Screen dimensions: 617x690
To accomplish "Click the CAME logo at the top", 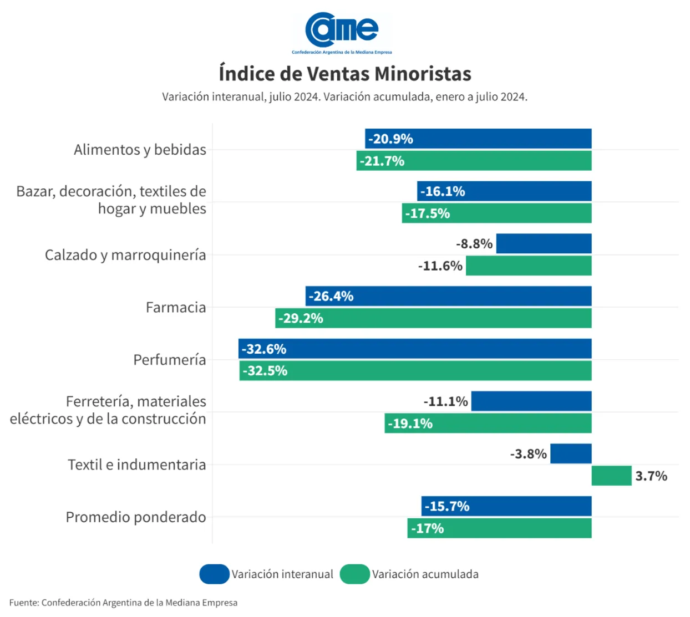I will coord(342,32).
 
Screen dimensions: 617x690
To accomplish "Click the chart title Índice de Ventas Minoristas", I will coord(345,74).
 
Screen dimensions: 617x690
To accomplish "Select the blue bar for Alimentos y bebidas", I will coord(478,139).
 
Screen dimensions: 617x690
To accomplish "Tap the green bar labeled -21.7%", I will coord(474,161).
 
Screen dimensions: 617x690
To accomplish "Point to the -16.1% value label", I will coord(443,191).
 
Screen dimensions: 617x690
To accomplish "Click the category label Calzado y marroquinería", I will coord(125,255).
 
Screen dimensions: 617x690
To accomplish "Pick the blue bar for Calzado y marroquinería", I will coord(544,243).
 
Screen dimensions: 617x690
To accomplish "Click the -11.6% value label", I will coord(440,266).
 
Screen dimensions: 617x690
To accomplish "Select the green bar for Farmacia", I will coord(433,318).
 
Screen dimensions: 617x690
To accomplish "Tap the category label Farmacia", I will coord(175,307).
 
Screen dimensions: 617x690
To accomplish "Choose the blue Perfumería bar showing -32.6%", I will coord(415,349).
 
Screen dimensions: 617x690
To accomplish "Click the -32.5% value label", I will coord(265,371).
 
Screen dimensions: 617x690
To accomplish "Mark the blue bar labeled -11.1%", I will coord(531,401).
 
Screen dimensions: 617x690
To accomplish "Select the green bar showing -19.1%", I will coord(488,423).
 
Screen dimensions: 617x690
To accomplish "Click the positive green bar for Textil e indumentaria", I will coord(611,476).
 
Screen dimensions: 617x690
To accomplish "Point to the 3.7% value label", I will coord(651,476).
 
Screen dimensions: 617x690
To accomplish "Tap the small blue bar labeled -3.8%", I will coord(571,453).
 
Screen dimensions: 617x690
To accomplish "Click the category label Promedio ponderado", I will coord(136,517).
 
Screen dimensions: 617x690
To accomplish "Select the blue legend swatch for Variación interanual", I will coord(215,574).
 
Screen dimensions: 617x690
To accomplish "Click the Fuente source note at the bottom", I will coord(123,603).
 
